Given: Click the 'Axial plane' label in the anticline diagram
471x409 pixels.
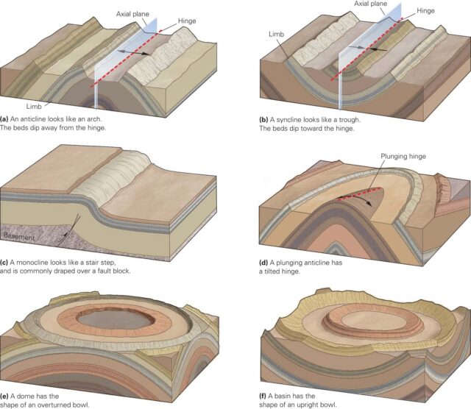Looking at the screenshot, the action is pyautogui.click(x=132, y=14).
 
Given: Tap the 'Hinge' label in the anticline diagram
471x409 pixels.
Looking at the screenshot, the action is pyautogui.click(x=187, y=21).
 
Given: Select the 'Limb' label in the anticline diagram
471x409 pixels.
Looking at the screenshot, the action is pyautogui.click(x=34, y=107).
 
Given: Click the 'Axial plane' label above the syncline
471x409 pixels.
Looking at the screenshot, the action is pyautogui.click(x=371, y=4).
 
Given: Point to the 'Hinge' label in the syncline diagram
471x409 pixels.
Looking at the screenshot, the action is pyautogui.click(x=425, y=11).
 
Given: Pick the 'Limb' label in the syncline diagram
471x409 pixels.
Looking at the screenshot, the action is pyautogui.click(x=277, y=35).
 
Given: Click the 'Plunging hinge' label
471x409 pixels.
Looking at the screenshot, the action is pyautogui.click(x=403, y=157).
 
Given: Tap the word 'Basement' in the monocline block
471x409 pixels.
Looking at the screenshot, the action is pyautogui.click(x=20, y=237).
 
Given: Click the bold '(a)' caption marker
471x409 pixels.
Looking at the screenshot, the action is pyautogui.click(x=4, y=119).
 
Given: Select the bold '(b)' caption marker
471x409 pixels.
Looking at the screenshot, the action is pyautogui.click(x=263, y=120).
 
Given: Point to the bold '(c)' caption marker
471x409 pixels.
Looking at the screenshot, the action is pyautogui.click(x=4, y=263).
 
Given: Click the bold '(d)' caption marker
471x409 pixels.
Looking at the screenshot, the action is pyautogui.click(x=263, y=263).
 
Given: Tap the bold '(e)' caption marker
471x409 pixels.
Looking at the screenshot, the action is pyautogui.click(x=4, y=396).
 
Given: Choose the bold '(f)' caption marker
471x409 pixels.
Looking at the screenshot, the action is pyautogui.click(x=263, y=396).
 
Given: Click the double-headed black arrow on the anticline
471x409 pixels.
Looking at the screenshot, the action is pyautogui.click(x=133, y=52).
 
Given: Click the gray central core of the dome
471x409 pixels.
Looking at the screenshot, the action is pyautogui.click(x=116, y=319).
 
